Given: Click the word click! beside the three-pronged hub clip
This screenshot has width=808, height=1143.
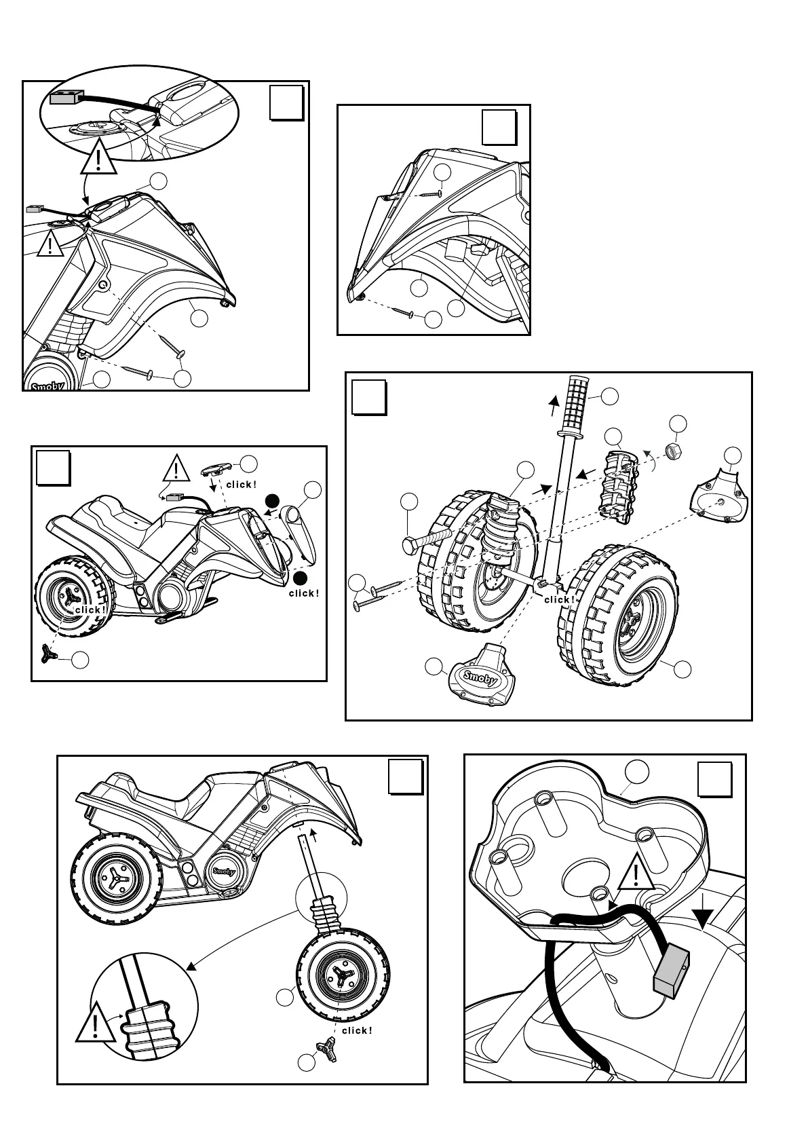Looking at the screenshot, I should pyautogui.click(x=357, y=1049).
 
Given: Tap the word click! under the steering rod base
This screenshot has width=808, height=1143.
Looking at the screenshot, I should pyautogui.click(x=560, y=599).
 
